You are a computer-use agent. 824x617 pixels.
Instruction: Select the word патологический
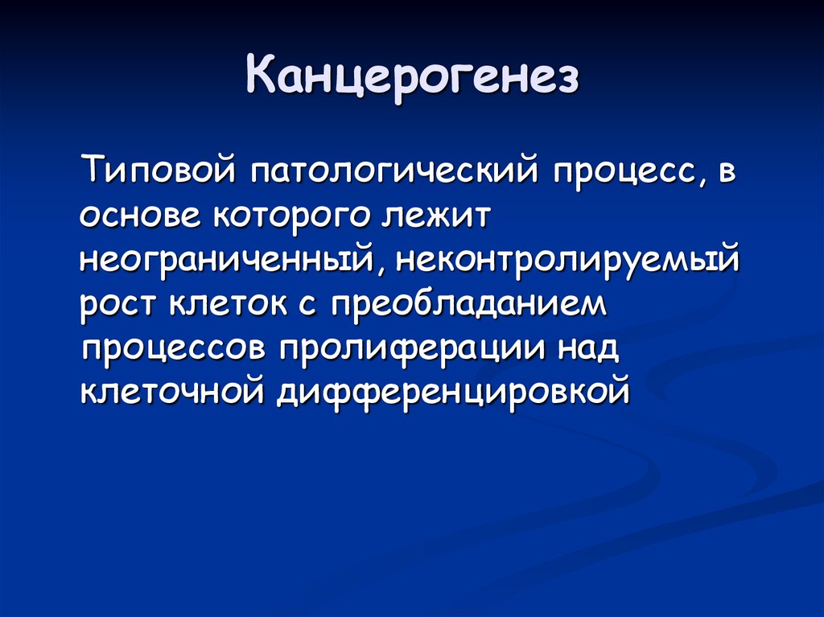pos(394,171)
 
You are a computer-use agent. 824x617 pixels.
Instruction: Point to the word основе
pos(140,216)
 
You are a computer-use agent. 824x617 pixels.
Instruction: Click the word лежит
pos(435,216)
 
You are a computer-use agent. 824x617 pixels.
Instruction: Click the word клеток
pos(229,305)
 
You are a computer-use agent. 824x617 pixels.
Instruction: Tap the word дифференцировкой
pos(453,392)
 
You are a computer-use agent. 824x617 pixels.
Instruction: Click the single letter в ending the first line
pos(727,172)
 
